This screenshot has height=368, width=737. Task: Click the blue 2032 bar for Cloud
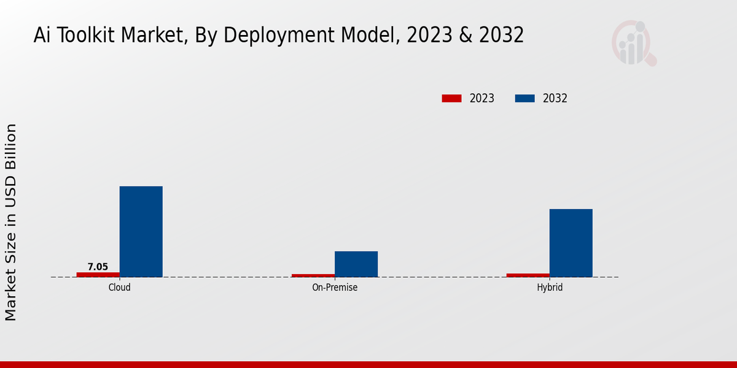pyautogui.click(x=141, y=231)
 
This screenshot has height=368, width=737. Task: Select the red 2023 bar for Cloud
pyautogui.click(x=98, y=274)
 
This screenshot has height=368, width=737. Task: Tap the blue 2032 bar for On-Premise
pyautogui.click(x=356, y=264)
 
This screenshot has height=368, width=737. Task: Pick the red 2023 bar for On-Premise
pyautogui.click(x=313, y=275)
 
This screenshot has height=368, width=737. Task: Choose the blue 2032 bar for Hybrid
pyautogui.click(x=571, y=243)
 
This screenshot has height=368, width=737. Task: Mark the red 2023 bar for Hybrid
pyautogui.click(x=528, y=275)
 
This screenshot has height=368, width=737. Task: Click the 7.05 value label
pyautogui.click(x=98, y=267)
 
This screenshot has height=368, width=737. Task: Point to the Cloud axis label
pyautogui.click(x=119, y=287)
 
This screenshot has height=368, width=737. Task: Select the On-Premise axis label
pyautogui.click(x=335, y=287)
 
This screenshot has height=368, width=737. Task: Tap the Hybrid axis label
pyautogui.click(x=550, y=287)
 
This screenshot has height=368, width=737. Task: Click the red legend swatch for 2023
pyautogui.click(x=451, y=98)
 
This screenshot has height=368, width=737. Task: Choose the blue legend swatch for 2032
pyautogui.click(x=524, y=98)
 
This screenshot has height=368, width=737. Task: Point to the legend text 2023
pyautogui.click(x=482, y=98)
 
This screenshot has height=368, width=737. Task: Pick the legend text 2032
pyautogui.click(x=555, y=98)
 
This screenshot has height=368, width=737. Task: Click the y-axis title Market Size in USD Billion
pyautogui.click(x=11, y=222)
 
